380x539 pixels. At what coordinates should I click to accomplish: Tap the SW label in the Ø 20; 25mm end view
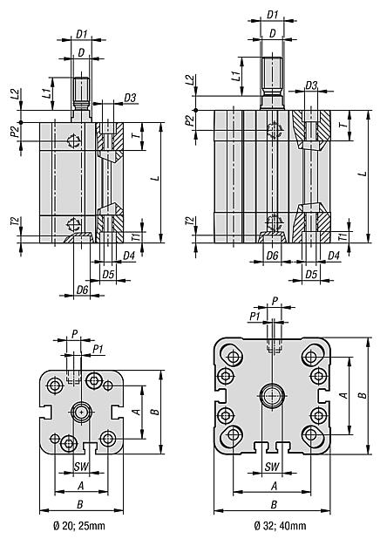click(80, 467)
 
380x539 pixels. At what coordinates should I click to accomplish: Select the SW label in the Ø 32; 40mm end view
click(273, 467)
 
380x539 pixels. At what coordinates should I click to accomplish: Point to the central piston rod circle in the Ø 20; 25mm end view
click(81, 411)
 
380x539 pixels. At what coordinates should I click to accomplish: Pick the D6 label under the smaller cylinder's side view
click(83, 289)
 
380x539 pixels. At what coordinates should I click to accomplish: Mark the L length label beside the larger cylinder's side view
click(361, 174)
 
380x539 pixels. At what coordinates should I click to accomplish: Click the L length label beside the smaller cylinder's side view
click(154, 179)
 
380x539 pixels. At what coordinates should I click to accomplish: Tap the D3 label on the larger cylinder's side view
click(311, 85)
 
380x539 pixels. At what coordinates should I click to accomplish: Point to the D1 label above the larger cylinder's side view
click(273, 15)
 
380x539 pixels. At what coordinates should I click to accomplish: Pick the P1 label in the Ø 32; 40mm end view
click(254, 315)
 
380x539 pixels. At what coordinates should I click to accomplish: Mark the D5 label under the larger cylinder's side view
click(310, 273)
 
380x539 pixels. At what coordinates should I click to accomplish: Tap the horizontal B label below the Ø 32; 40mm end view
click(273, 504)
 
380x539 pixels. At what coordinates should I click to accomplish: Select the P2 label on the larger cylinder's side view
click(189, 119)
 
